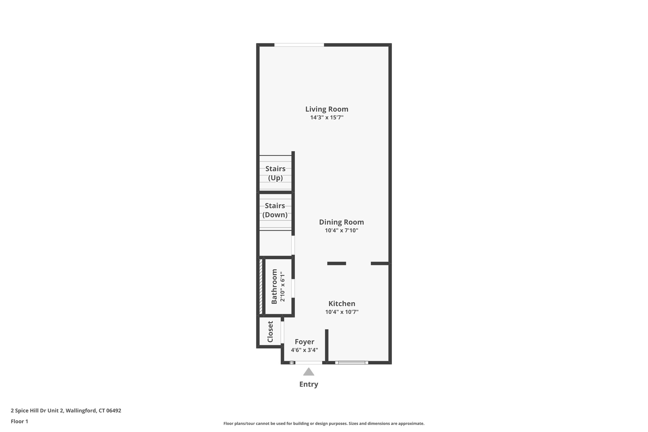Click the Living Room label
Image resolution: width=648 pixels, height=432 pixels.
pyautogui.click(x=327, y=109)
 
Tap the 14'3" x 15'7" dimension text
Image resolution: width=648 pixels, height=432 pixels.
pyautogui.click(x=327, y=118)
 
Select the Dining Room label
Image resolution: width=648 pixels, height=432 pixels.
pyautogui.click(x=341, y=222)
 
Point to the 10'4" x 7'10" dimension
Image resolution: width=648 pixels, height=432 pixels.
pyautogui.click(x=341, y=231)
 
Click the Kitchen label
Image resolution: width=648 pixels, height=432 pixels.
pyautogui.click(x=342, y=304)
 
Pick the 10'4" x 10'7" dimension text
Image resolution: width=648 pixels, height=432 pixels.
pyautogui.click(x=342, y=312)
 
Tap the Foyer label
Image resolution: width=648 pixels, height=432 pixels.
pyautogui.click(x=304, y=342)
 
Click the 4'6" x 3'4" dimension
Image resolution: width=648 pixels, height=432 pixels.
pyautogui.click(x=304, y=350)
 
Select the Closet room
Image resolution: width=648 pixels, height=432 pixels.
pyautogui.click(x=270, y=332)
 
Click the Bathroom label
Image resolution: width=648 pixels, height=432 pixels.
pyautogui.click(x=274, y=286)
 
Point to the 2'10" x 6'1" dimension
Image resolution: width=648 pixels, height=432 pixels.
pyautogui.click(x=283, y=286)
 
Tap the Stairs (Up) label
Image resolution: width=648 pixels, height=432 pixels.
pyautogui.click(x=275, y=173)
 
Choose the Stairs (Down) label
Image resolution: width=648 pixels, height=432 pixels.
pyautogui.click(x=275, y=210)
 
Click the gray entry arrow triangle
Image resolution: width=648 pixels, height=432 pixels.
pyautogui.click(x=308, y=372)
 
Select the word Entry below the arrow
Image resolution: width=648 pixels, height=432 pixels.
pyautogui.click(x=308, y=384)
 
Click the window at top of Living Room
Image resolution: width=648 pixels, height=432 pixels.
pyautogui.click(x=299, y=45)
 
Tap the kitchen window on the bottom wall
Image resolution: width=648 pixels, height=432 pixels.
pyautogui.click(x=352, y=363)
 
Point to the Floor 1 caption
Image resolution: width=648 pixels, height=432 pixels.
pyautogui.click(x=19, y=421)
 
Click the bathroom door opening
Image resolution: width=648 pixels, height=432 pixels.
pyautogui.click(x=293, y=288)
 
